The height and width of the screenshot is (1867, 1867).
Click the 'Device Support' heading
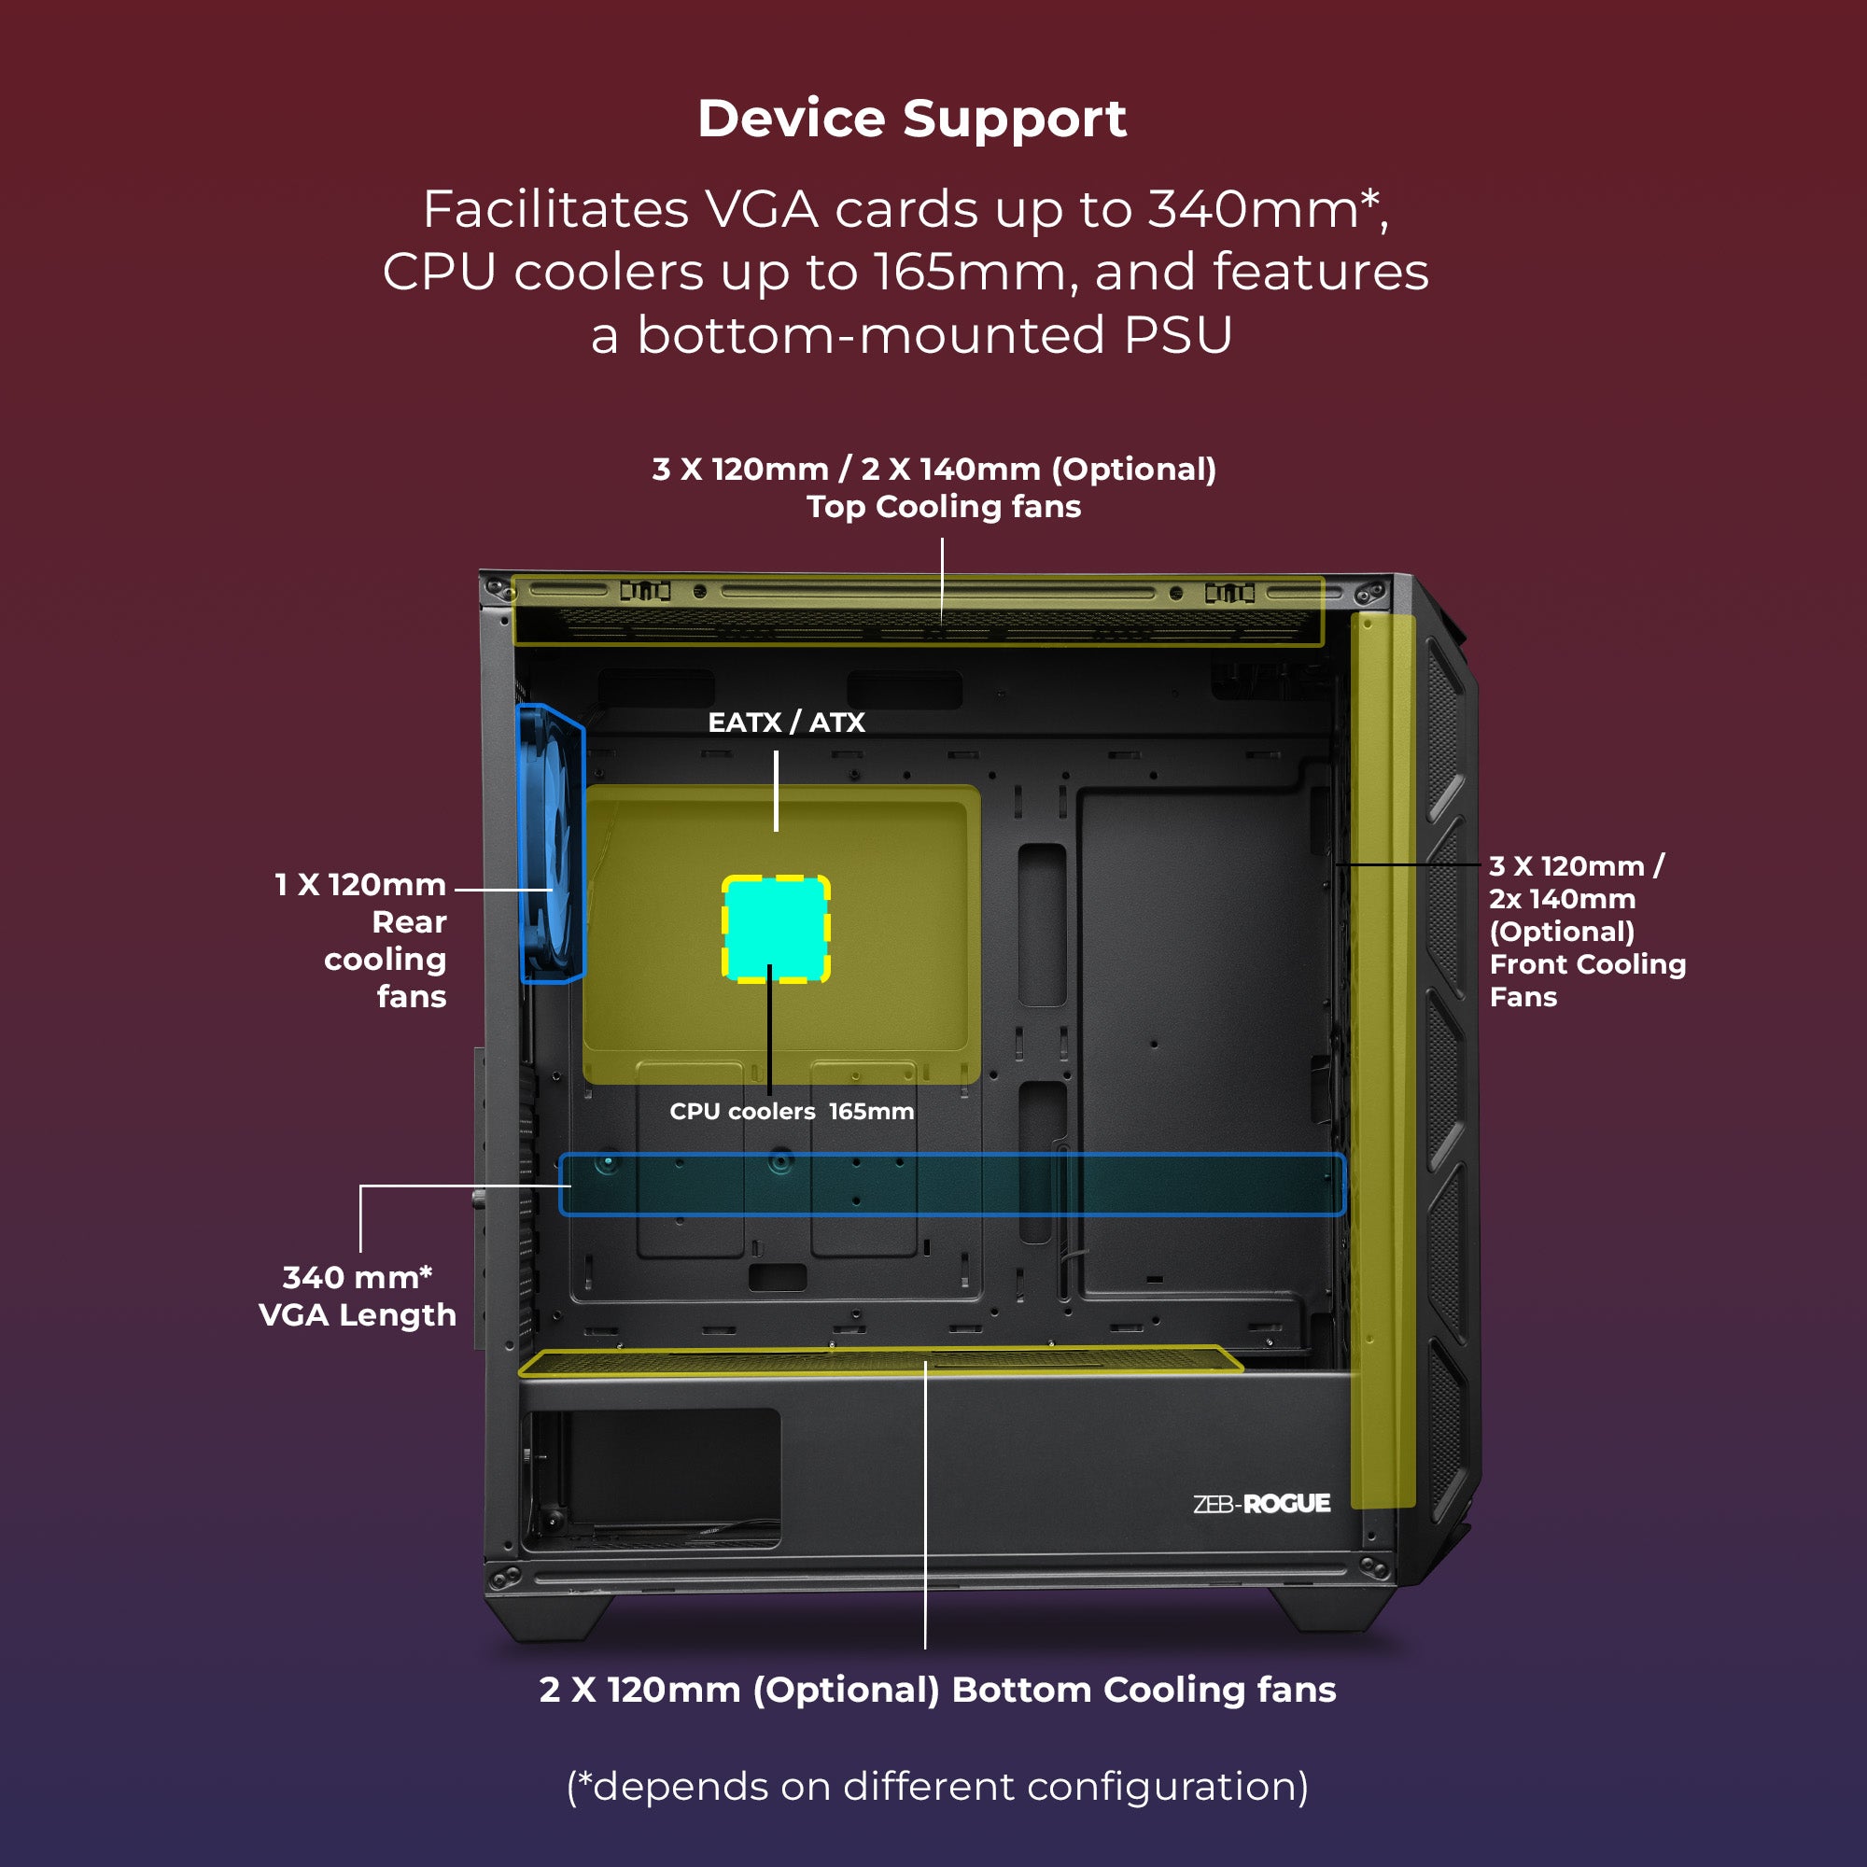pos(911,119)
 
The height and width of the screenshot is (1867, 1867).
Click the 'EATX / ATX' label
pos(786,722)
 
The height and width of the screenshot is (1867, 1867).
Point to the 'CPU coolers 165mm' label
pos(792,1111)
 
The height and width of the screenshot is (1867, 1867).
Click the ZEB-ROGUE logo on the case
pos(1261,1504)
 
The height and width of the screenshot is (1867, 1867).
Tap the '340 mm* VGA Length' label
pos(357,1296)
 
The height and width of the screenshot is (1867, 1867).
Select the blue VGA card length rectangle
pos(952,1184)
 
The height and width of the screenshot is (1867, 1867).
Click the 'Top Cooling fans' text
pos(943,506)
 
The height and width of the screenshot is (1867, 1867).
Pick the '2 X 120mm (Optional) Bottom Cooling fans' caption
pos(937,1690)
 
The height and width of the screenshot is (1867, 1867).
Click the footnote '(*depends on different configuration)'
pos(937,1786)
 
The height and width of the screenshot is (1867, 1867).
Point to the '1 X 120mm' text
pos(360,884)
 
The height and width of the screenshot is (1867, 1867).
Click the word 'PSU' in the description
pos(1178,335)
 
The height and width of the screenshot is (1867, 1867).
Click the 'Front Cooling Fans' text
pos(1587,980)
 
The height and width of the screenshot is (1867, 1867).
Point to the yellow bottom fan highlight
pos(879,1362)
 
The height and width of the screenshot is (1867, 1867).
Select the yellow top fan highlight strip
pos(918,611)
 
